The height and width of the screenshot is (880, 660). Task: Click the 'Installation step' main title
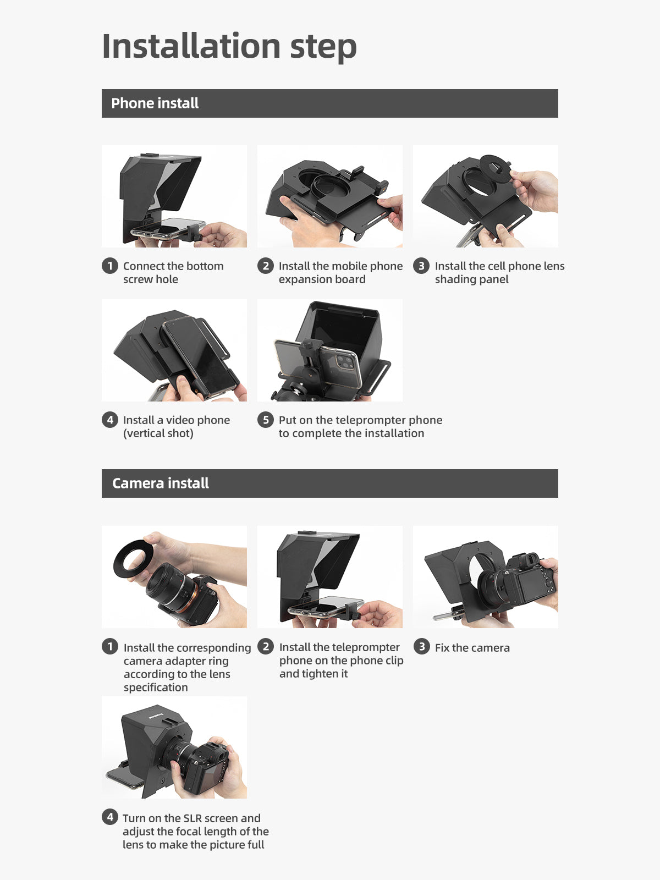click(x=229, y=47)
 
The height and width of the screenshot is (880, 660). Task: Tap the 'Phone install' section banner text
click(x=155, y=103)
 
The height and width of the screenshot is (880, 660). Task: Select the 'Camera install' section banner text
click(x=160, y=483)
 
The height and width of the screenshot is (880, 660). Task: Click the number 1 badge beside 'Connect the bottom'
click(x=110, y=266)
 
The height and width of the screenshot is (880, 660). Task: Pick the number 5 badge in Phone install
click(x=265, y=420)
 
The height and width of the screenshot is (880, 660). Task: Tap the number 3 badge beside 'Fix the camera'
click(x=421, y=646)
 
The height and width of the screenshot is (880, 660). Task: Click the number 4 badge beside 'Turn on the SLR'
click(x=110, y=817)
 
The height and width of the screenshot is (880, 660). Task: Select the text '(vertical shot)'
click(x=158, y=433)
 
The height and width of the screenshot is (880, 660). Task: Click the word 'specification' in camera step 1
click(x=156, y=687)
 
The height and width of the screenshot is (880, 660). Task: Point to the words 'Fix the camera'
click(x=472, y=648)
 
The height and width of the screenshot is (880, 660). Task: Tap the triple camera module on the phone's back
click(x=345, y=362)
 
